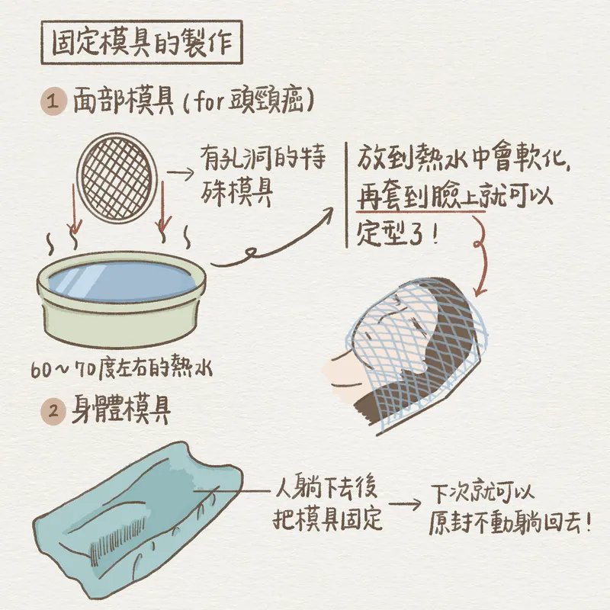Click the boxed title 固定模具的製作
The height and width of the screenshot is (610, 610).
142,43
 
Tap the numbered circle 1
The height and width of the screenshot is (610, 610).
53,102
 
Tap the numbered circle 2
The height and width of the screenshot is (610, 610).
53,410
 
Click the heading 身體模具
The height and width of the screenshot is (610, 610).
121,411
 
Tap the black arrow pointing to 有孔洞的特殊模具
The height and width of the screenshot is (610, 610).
180,174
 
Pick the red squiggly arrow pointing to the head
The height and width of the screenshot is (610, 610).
481,255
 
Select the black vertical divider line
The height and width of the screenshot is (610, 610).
347,195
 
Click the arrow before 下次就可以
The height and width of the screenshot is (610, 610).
405,505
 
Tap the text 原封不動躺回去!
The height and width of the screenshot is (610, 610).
510,523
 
